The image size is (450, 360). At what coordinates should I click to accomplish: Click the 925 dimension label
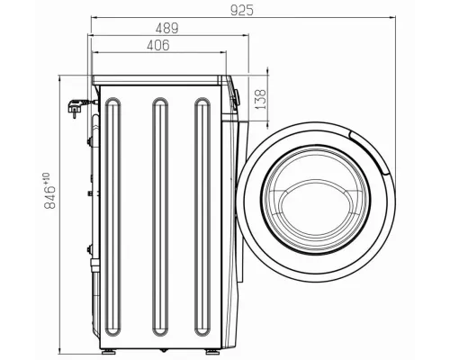point(242,11)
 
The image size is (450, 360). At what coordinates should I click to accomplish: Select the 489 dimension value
point(167,28)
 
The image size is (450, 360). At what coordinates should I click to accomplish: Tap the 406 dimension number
point(158,45)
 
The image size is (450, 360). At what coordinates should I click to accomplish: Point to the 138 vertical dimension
point(260,100)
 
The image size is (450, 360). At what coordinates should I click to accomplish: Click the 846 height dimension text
point(49,197)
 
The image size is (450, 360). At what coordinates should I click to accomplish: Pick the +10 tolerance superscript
point(46,178)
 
